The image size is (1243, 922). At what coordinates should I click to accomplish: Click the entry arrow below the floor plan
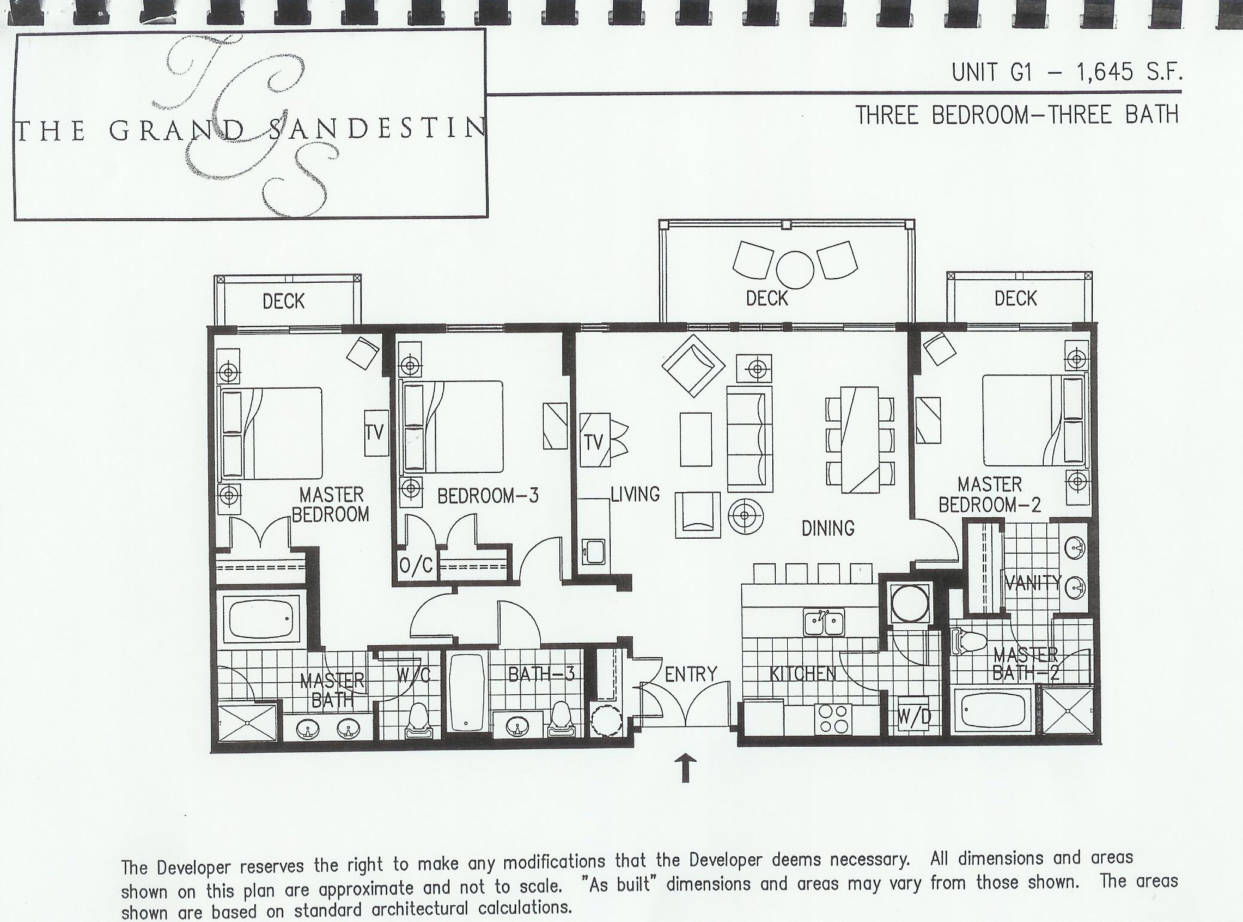click(x=686, y=768)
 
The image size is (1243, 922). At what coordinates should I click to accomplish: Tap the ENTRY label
click(x=690, y=674)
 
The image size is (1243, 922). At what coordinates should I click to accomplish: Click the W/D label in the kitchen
click(x=915, y=716)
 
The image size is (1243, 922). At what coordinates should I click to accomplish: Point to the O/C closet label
click(x=416, y=565)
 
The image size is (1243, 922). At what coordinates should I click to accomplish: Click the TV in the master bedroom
click(x=374, y=433)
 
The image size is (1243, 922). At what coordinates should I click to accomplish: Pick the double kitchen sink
click(x=823, y=624)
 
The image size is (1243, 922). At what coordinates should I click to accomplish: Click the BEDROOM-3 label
click(x=488, y=496)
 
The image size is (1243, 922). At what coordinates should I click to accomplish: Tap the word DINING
click(x=828, y=528)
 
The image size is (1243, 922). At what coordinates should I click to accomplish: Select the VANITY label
click(x=1032, y=582)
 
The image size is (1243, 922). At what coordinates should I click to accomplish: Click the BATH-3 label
click(x=541, y=674)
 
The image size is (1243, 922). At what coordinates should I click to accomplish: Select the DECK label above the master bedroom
click(x=284, y=301)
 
